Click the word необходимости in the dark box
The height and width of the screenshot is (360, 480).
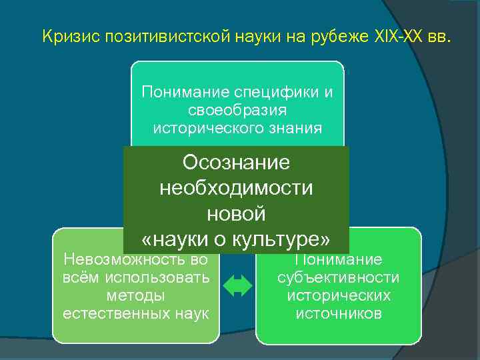tap(236, 189)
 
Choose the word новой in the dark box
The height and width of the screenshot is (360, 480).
tap(236, 214)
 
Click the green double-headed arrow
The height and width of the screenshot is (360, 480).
tap(237, 286)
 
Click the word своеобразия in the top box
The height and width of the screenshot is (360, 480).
tap(237, 109)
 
